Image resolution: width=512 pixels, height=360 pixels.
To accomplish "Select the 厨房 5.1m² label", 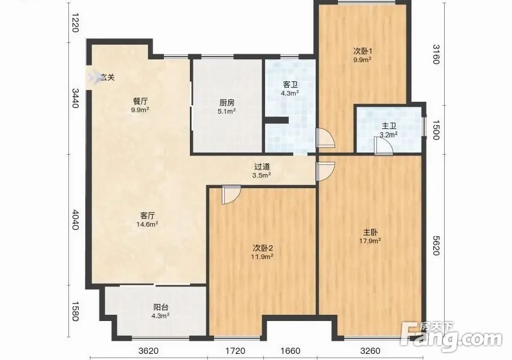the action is (x=227, y=107).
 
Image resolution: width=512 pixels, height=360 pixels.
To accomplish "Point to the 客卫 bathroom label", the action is (x=290, y=89).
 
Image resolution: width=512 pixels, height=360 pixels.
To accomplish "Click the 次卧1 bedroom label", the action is (x=362, y=55).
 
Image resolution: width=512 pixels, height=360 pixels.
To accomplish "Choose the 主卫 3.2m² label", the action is (x=389, y=129).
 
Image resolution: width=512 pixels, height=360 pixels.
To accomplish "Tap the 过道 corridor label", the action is (x=262, y=171).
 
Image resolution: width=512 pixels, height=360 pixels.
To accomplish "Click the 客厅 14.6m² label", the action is (x=147, y=219).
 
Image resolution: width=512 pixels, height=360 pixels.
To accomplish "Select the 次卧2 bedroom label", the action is (x=262, y=252).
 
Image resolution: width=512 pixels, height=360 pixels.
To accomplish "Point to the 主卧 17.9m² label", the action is (x=370, y=236).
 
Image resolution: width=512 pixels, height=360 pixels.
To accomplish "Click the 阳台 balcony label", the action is (x=160, y=311).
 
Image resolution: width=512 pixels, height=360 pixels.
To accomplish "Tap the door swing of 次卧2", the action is (x=231, y=194).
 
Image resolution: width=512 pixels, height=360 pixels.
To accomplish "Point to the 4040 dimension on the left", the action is (x=75, y=220).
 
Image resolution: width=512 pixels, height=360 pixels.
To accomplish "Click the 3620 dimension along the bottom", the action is (x=148, y=351).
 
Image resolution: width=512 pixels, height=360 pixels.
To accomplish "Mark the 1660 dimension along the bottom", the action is (x=290, y=351).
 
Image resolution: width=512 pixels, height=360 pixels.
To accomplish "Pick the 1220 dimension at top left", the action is (x=75, y=23).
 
